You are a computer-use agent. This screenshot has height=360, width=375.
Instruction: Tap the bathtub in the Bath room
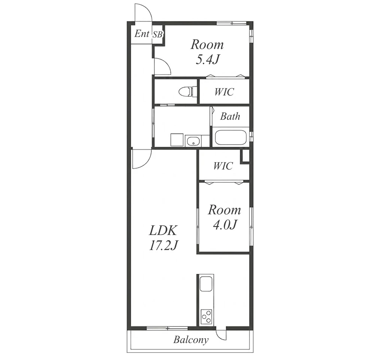point(231,137)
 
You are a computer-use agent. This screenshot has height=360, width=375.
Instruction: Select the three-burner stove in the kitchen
point(206,316)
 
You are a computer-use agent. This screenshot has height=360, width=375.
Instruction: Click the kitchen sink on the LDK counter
point(206,284)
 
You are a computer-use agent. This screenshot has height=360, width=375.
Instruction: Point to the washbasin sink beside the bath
point(193,141)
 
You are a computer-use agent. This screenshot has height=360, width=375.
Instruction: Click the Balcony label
point(191,340)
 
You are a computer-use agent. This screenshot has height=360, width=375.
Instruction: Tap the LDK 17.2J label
point(163,238)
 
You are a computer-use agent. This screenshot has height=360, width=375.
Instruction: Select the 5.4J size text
point(207,59)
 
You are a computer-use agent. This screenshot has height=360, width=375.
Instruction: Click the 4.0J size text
point(225,225)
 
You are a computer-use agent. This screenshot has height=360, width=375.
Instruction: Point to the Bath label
point(230,116)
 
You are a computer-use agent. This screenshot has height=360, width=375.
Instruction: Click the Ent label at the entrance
point(142,34)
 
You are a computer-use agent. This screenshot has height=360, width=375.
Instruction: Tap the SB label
point(157,35)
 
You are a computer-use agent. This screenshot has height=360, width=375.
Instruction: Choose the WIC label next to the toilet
point(224,92)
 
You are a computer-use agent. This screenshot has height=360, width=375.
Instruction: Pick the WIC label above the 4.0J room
point(223,166)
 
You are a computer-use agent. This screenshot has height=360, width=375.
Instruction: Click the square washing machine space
point(177,140)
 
